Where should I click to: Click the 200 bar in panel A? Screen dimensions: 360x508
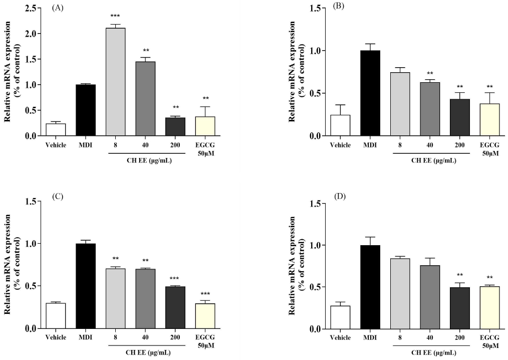[175, 127]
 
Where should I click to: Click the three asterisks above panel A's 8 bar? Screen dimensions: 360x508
[115, 17]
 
